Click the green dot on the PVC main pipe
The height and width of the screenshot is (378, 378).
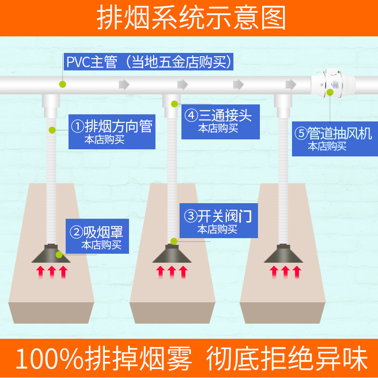click(x=62, y=85)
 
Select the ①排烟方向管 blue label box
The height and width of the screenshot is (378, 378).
click(x=112, y=131)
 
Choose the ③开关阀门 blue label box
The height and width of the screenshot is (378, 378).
click(x=217, y=221)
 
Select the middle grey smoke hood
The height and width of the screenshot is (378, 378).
click(x=172, y=254)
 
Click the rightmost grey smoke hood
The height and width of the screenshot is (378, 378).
click(x=284, y=254)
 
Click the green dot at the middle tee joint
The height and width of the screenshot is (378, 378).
click(x=174, y=103)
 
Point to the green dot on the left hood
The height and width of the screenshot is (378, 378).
click(x=59, y=255)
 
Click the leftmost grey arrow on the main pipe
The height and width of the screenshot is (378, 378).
click(x=124, y=85)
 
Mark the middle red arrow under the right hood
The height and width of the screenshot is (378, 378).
click(x=285, y=273)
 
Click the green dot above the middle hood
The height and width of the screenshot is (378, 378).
click(x=173, y=241)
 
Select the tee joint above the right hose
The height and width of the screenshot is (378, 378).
click(x=284, y=103)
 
